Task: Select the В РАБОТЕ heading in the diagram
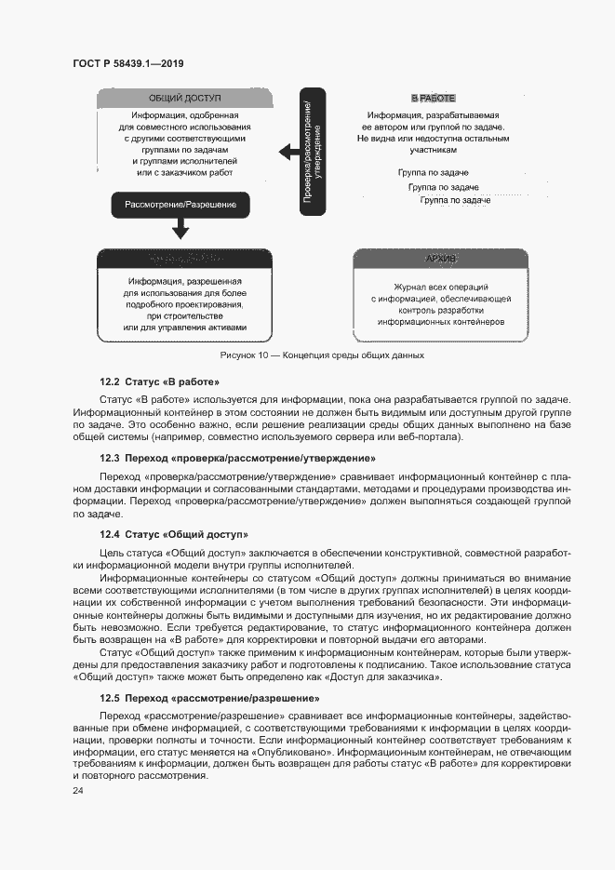433,98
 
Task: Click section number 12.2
111,381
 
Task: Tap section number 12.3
111,458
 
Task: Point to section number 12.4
111,534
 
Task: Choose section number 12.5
111,698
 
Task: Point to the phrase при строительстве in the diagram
185,315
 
